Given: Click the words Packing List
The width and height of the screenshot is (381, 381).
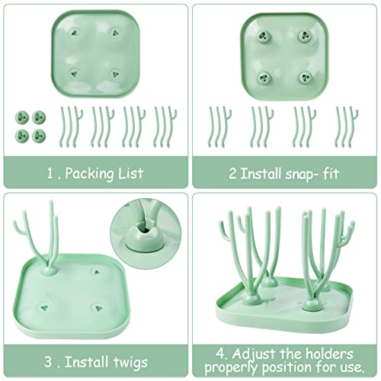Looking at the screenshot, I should pos(110,173).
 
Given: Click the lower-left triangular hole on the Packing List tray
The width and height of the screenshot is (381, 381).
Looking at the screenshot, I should pos(75,73).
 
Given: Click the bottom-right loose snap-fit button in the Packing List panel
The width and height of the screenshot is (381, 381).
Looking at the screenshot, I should pos(39,134).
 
